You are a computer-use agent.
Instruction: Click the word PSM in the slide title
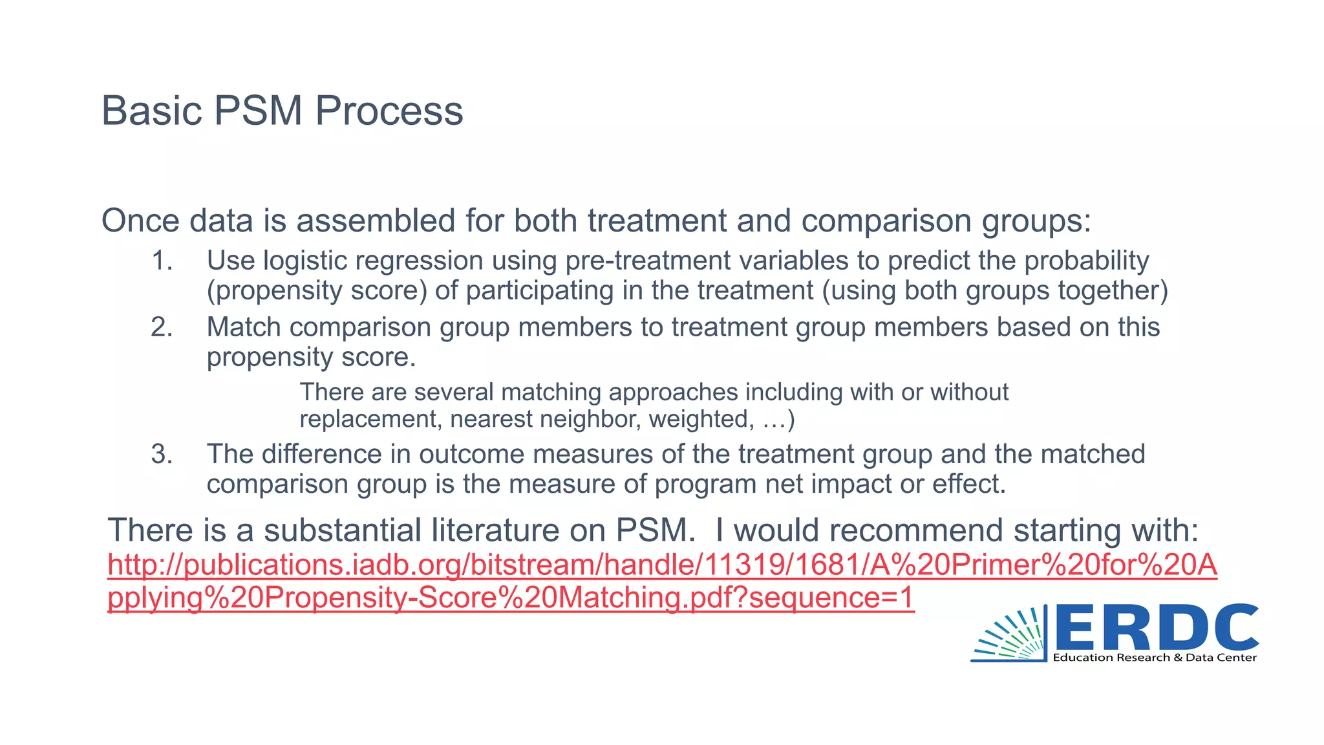click(257, 111)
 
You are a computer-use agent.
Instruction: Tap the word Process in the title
click(389, 111)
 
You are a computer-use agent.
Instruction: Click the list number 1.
click(161, 261)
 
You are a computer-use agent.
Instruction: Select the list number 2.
click(161, 327)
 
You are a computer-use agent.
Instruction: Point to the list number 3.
click(161, 454)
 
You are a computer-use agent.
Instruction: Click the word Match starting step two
click(244, 327)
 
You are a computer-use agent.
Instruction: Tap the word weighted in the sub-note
click(700, 419)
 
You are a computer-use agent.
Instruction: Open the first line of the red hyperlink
click(662, 565)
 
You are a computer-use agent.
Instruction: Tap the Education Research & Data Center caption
click(1155, 658)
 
